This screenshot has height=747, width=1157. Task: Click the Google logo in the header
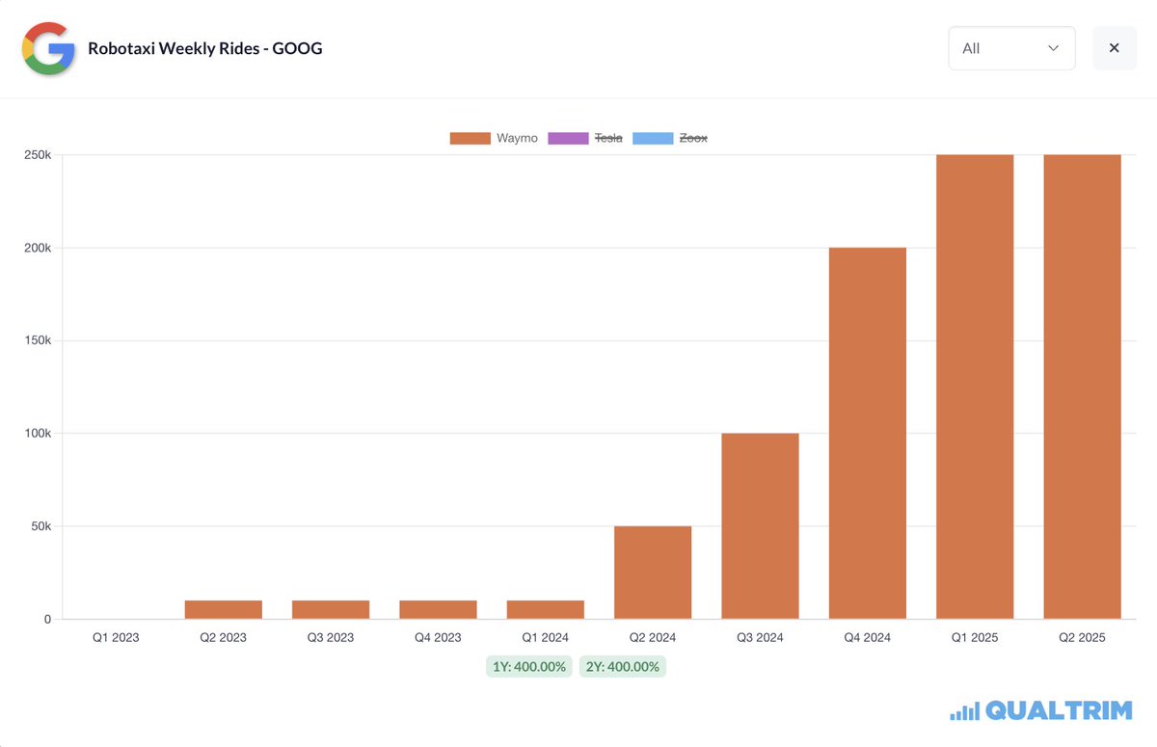point(48,48)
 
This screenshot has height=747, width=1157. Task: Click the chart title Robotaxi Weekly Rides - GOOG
point(204,48)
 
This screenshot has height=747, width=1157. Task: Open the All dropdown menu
point(1011,48)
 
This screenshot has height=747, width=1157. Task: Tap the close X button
point(1114,48)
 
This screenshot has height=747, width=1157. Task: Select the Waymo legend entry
point(494,138)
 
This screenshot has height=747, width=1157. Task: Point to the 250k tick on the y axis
point(38,155)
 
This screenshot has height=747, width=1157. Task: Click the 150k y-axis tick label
point(38,341)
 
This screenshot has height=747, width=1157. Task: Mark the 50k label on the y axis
point(40,526)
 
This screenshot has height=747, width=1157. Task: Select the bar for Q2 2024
point(653,573)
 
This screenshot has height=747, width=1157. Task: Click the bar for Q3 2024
point(760,526)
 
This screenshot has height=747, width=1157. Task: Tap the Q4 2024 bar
point(867,434)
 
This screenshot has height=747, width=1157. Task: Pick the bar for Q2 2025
point(1082,386)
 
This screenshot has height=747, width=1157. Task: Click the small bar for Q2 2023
point(224,609)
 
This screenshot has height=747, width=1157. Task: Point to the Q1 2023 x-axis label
point(116,637)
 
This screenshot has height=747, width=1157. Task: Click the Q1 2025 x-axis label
point(974,637)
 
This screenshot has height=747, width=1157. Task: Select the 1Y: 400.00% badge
point(529,667)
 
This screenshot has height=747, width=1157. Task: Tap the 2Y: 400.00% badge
point(622,667)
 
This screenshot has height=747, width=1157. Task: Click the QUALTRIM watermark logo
point(1040,711)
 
